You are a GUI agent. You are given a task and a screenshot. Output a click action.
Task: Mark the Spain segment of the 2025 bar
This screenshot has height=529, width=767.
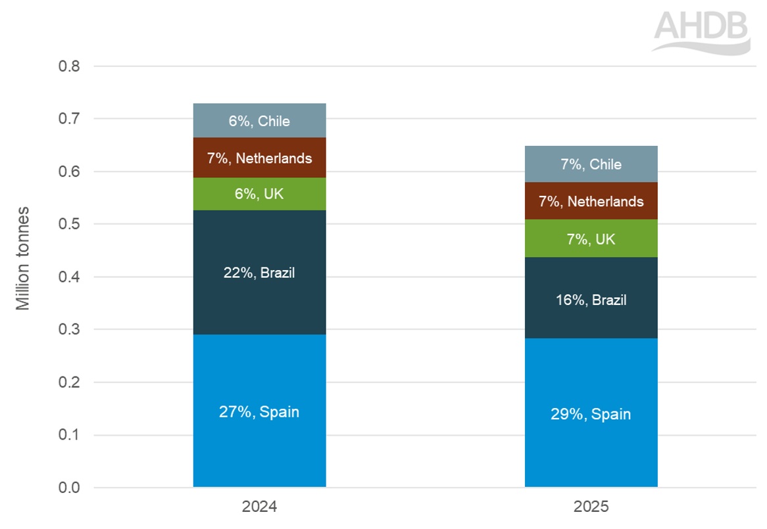[x=591, y=447]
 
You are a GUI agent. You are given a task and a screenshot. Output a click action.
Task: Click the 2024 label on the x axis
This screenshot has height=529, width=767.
[x=259, y=507]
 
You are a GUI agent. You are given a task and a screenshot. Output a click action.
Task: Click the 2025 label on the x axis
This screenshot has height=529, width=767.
[x=591, y=507]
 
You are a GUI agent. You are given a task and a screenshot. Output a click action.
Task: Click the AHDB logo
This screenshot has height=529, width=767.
[x=701, y=30]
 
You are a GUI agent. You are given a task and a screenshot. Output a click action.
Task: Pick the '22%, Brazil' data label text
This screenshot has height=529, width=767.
[x=259, y=273]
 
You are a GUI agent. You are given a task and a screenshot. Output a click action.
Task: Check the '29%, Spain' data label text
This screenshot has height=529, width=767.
[x=591, y=414]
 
